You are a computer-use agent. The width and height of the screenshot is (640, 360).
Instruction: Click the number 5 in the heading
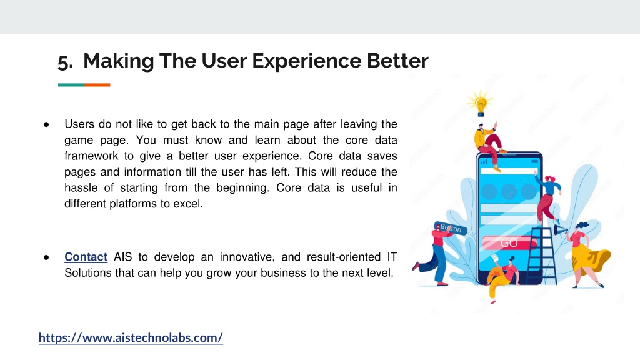[x=64, y=62]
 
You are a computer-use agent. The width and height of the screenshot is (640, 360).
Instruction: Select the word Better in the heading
[x=397, y=61]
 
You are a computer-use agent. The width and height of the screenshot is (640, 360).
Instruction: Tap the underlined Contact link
[x=86, y=257]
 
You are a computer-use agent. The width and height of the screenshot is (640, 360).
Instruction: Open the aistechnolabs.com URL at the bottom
[x=131, y=337]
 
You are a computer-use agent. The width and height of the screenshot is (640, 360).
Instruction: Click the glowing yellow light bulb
[x=481, y=103]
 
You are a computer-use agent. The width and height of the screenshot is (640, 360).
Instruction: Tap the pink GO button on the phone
[x=509, y=243]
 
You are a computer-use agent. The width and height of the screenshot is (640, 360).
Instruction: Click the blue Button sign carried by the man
[x=450, y=228]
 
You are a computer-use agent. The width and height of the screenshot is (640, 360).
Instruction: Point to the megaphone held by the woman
[x=560, y=231]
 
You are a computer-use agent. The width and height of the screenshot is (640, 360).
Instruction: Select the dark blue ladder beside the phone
[x=542, y=256]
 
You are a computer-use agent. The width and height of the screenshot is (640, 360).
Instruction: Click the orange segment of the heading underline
[x=97, y=85]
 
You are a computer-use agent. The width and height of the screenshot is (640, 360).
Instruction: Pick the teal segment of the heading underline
[x=71, y=85]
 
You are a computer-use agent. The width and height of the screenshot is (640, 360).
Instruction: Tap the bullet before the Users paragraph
[x=46, y=124]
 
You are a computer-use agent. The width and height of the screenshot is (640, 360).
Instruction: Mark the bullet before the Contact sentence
[x=46, y=257]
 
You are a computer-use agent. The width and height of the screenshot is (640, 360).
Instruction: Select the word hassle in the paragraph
[x=81, y=187]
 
